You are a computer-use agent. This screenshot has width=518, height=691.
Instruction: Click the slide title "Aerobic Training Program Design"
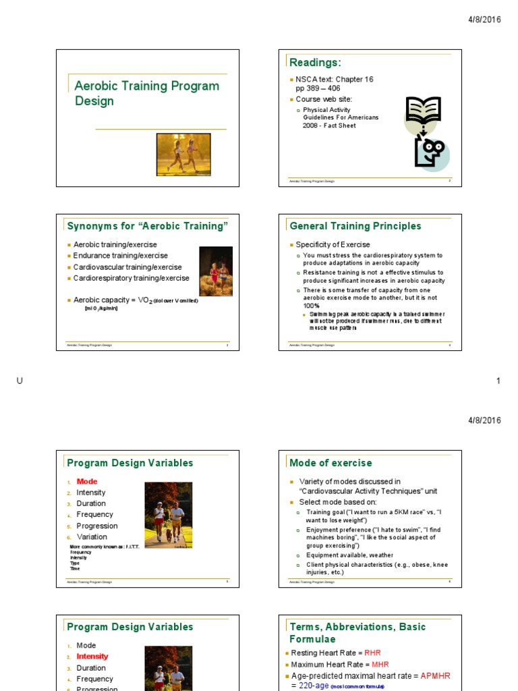(x=146, y=93)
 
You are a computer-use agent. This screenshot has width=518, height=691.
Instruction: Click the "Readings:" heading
(x=315, y=63)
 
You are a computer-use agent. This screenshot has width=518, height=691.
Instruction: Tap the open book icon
(x=424, y=111)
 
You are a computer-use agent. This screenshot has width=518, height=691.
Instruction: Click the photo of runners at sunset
(x=183, y=155)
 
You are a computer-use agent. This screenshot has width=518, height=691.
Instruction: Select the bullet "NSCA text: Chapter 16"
(x=335, y=80)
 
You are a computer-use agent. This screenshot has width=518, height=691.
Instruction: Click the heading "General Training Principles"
(x=355, y=226)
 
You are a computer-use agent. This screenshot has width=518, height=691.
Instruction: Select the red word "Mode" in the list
(x=87, y=481)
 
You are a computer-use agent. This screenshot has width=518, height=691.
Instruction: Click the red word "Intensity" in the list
(x=92, y=656)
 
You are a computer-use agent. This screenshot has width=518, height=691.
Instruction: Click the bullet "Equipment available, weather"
(x=349, y=555)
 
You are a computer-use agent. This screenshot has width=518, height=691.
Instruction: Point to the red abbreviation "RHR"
(x=372, y=653)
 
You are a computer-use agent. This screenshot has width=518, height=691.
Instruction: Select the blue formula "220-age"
(x=314, y=686)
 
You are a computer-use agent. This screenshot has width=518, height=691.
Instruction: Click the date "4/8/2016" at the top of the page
(x=484, y=20)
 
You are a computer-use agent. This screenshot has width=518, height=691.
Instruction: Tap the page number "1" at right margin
(x=498, y=381)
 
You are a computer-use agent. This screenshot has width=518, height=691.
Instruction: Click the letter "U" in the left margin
(x=20, y=381)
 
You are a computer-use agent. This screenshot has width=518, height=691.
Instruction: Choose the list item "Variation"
(x=92, y=536)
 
